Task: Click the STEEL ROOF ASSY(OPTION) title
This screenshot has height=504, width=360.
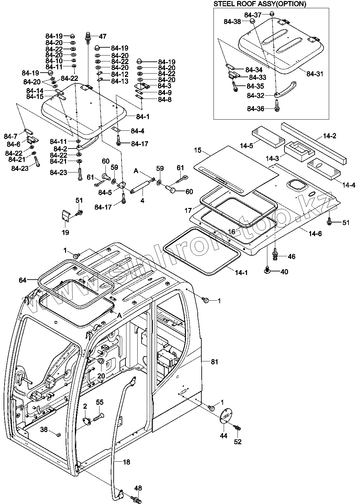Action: tap(259, 4)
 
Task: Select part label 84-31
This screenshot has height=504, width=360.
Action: tap(315, 74)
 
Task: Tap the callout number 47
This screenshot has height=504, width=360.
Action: tap(102, 36)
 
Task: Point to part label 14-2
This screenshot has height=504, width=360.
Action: tap(329, 136)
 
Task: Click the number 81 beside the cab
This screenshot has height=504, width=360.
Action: tap(214, 362)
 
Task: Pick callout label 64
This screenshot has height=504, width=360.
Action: tap(23, 280)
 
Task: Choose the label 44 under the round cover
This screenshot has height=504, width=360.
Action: tap(224, 436)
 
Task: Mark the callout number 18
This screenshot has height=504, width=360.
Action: tap(126, 462)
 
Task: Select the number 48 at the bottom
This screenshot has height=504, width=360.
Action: tap(138, 488)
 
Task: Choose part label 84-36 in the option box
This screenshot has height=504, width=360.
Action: tap(256, 109)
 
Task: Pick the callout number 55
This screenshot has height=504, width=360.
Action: tap(100, 402)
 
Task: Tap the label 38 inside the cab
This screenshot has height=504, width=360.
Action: tap(44, 429)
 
